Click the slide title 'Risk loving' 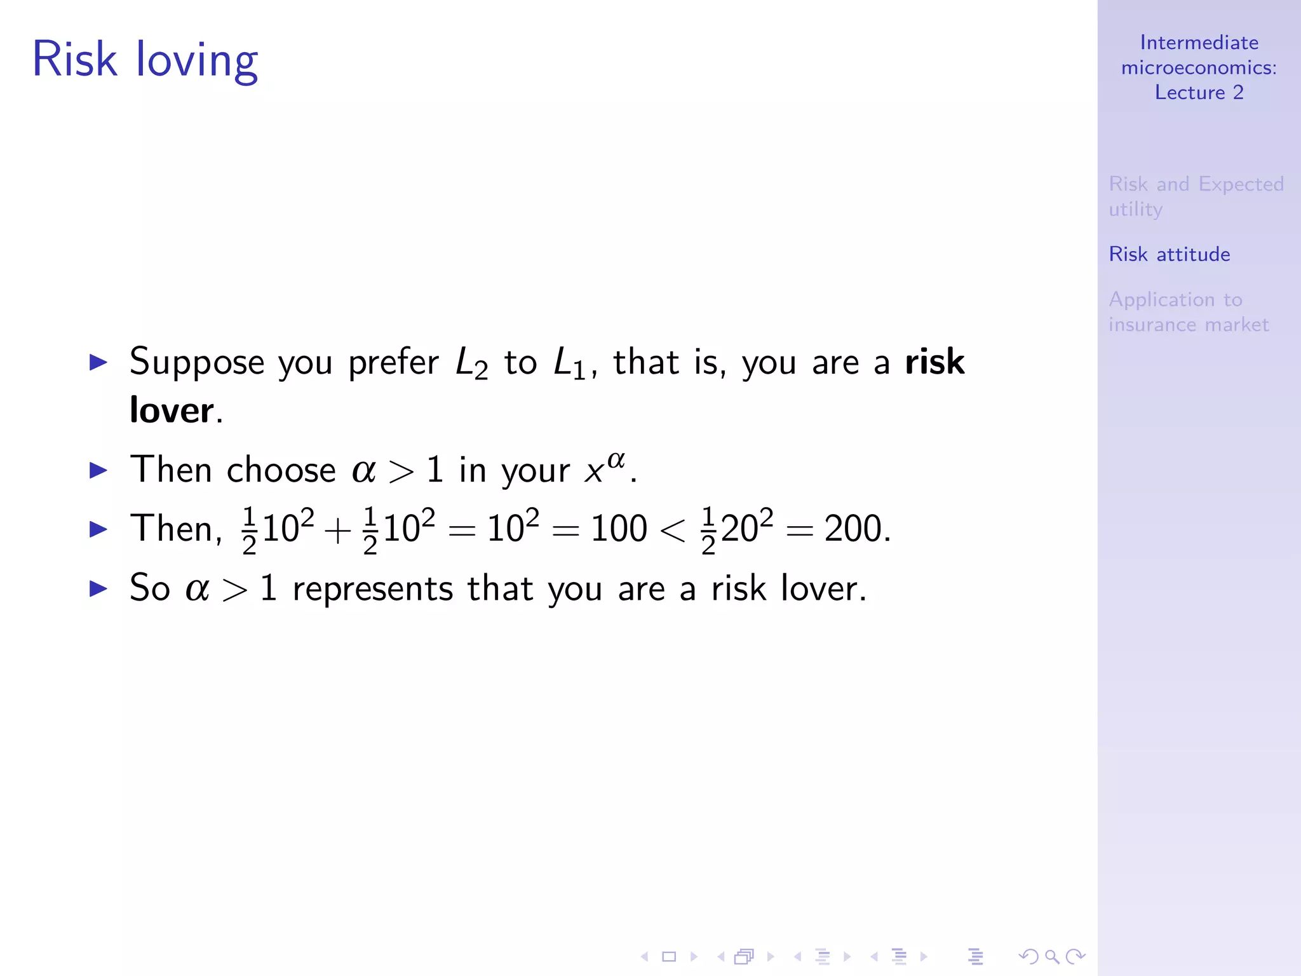pyautogui.click(x=145, y=60)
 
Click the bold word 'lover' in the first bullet pyautogui.click(x=172, y=410)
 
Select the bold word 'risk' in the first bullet pyautogui.click(x=934, y=362)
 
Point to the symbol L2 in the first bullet pyautogui.click(x=472, y=364)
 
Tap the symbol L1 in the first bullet pyautogui.click(x=570, y=364)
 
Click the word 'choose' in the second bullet pyautogui.click(x=281, y=471)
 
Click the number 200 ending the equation pyautogui.click(x=854, y=529)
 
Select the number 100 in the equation pyautogui.click(x=619, y=529)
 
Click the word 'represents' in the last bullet pyautogui.click(x=372, y=589)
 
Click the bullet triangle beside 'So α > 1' pyautogui.click(x=98, y=588)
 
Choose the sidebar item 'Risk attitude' pyautogui.click(x=1169, y=254)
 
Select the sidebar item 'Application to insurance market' pyautogui.click(x=1188, y=312)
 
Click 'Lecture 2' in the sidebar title pyautogui.click(x=1199, y=93)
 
